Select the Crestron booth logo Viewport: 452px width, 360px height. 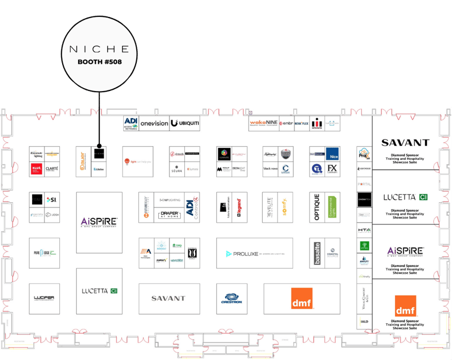coord(232,298)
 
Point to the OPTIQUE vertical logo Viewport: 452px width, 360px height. coord(317,207)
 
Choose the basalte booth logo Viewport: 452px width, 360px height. coord(317,252)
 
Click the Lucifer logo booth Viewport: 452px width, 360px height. coord(44,298)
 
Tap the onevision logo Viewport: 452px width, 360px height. coord(154,123)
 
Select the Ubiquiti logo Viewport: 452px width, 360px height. coord(185,123)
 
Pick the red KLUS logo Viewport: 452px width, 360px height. coord(37,168)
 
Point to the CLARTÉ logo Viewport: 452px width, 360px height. coord(52,168)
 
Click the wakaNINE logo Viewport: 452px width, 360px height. coord(263,123)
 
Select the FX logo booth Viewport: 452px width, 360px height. coord(332,168)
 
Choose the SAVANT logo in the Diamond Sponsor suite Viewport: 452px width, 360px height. coord(405,143)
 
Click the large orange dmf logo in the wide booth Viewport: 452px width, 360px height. coord(302,298)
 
